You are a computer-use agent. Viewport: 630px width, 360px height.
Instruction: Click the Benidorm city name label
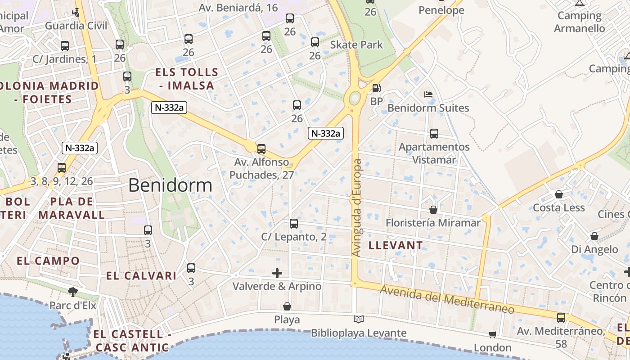coord(170,185)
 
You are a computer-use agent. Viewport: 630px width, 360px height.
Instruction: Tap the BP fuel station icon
coord(376,89)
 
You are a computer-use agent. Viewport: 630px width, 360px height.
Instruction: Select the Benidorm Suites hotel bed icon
coord(428,94)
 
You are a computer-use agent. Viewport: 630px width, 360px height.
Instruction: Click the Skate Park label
coord(356,45)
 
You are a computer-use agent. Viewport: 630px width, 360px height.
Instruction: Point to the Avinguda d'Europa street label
coord(357,208)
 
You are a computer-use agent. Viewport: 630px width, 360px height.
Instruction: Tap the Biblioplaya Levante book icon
coord(359,319)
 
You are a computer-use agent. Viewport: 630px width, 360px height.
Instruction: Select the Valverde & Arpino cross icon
coord(277,273)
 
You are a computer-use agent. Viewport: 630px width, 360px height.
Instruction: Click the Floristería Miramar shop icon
coord(433,210)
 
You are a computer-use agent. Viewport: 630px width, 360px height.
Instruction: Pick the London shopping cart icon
coord(493,334)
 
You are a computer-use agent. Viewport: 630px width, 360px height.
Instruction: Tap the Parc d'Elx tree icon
coord(72,292)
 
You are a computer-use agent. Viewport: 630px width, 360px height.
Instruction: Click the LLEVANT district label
coord(396,245)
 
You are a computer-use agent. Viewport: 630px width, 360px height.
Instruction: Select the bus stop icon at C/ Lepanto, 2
coord(294,223)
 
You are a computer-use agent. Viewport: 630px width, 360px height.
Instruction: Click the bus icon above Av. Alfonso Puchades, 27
coord(261,149)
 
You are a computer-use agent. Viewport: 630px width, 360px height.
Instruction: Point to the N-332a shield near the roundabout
coord(326,133)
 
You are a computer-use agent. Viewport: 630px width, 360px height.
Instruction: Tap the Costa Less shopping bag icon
coord(558,194)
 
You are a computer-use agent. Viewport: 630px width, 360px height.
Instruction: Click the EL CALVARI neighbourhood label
coord(141,276)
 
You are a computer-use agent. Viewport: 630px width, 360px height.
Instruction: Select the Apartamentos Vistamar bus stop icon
coord(434,134)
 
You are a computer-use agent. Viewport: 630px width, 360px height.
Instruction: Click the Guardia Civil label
coord(76,26)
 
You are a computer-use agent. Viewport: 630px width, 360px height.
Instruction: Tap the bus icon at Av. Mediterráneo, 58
coord(561,317)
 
